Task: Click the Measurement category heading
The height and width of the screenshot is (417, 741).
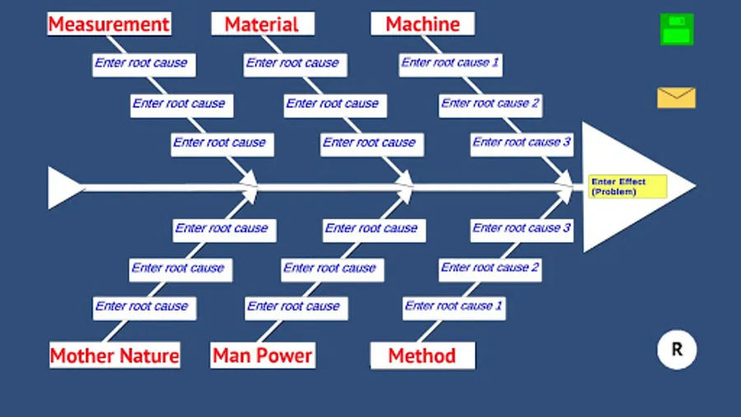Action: coord(109,24)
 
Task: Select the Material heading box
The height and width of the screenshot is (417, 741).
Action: coord(262,24)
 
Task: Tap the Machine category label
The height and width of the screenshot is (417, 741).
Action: coord(422,24)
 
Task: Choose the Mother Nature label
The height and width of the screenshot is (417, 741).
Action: coord(114,356)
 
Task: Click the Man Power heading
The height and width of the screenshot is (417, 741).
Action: coord(263,356)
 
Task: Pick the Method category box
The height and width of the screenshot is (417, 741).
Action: coord(422,356)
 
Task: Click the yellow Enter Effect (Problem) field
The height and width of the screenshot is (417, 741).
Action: coord(627,187)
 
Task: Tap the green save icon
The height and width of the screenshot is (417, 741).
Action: coord(677,30)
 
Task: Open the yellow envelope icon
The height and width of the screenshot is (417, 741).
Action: coord(676,98)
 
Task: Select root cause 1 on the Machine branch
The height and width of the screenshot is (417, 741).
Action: coord(450,63)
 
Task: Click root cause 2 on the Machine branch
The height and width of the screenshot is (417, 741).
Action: coord(490,104)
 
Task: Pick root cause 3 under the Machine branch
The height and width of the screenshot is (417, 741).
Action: coord(522,143)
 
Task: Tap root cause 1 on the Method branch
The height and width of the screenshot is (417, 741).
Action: coord(454,307)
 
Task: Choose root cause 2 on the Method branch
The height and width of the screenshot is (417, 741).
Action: coord(490,268)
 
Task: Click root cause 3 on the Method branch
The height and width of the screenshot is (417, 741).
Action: coord(522,228)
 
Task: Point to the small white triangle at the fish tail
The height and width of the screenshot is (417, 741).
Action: coord(63,188)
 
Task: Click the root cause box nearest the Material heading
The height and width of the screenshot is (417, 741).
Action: coord(292,63)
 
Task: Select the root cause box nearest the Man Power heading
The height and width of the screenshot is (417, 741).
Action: coord(294,307)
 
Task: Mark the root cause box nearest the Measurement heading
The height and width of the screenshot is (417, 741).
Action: coord(141,63)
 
